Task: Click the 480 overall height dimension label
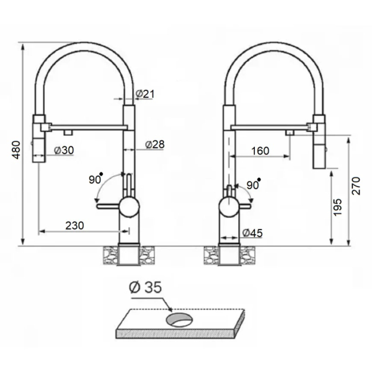pos(16,149)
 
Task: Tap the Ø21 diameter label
pos(145,94)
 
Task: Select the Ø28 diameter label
pos(155,144)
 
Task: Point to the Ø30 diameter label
pos(64,150)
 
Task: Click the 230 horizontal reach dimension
pos(75,226)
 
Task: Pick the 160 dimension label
pos(260,151)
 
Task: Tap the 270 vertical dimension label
pos(356,186)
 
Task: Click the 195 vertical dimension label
pos(338,207)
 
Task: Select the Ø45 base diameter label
pos(253,233)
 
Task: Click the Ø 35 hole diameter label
pos(146,287)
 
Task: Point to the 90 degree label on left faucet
pos(95,179)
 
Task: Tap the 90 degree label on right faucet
pos(254,185)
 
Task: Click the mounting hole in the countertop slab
pos(179,320)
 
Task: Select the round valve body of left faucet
pos(130,206)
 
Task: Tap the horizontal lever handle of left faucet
pos(108,206)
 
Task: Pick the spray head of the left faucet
pos(38,138)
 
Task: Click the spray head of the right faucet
pos(319,141)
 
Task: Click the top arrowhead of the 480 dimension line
pos(23,46)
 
